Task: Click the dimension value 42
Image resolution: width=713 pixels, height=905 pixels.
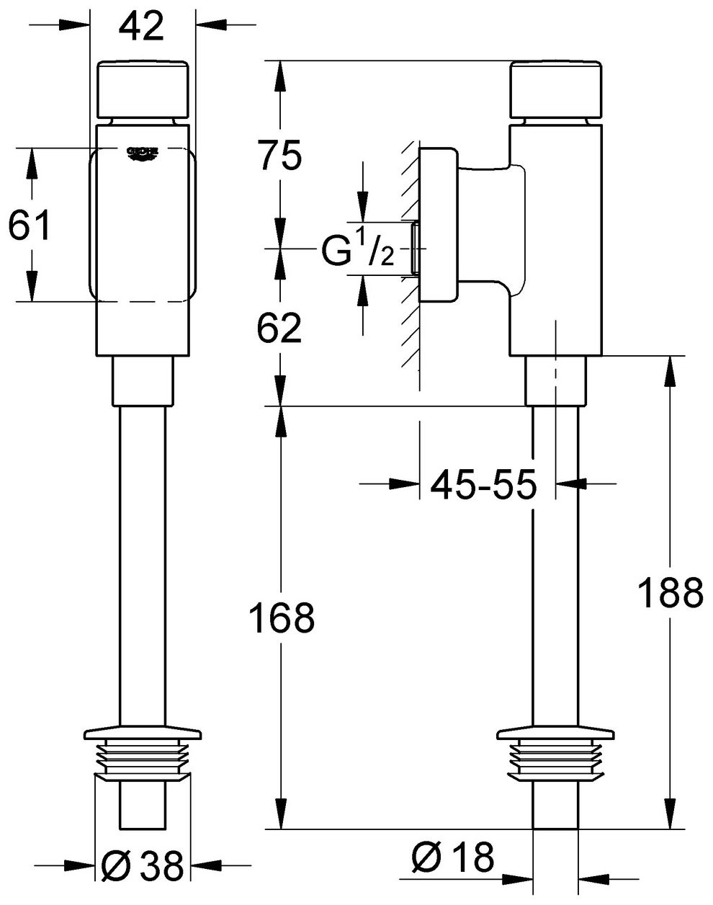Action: (142, 27)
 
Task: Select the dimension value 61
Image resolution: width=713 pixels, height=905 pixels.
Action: (30, 226)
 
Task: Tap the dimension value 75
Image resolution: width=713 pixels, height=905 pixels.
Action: (281, 156)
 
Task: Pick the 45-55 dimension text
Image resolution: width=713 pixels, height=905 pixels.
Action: (483, 485)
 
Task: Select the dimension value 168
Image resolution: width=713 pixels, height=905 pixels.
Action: (282, 618)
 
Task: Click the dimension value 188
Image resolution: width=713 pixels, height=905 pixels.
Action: (671, 593)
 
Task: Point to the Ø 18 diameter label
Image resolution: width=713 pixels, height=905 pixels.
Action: (453, 857)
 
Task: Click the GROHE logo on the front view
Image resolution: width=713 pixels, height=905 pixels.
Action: (143, 153)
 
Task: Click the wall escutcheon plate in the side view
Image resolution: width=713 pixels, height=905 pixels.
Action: (439, 226)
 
